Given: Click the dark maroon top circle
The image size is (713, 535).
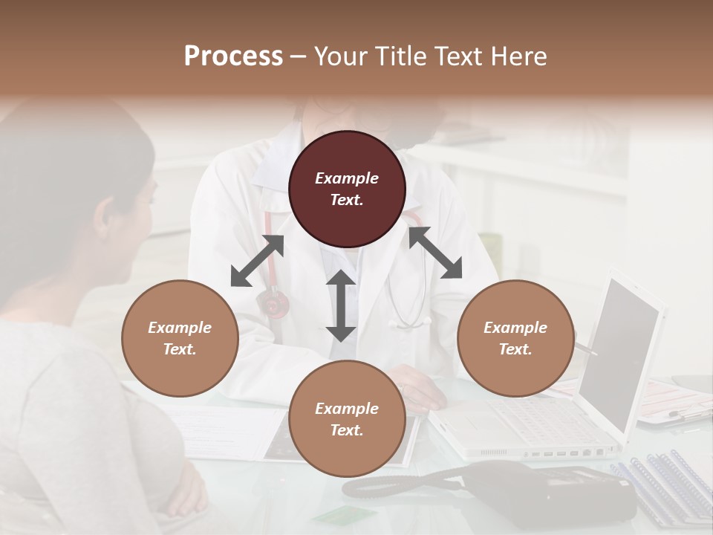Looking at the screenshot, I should (347, 189).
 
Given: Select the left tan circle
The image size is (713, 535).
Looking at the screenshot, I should (180, 338).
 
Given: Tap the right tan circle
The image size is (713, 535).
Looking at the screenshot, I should (515, 338).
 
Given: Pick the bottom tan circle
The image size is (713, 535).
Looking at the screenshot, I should (347, 419).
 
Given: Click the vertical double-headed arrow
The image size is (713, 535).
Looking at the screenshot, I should (341, 305).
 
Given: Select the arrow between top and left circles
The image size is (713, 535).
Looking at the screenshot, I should (257, 261).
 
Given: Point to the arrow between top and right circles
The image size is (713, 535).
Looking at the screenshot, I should (435, 253).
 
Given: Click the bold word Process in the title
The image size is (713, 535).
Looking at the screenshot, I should (233, 56).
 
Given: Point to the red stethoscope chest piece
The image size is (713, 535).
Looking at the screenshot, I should (273, 304).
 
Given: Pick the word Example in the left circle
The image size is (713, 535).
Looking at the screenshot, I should (180, 328).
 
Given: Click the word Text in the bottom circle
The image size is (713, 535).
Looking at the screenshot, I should (347, 430).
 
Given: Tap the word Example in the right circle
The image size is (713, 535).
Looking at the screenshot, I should (515, 328).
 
